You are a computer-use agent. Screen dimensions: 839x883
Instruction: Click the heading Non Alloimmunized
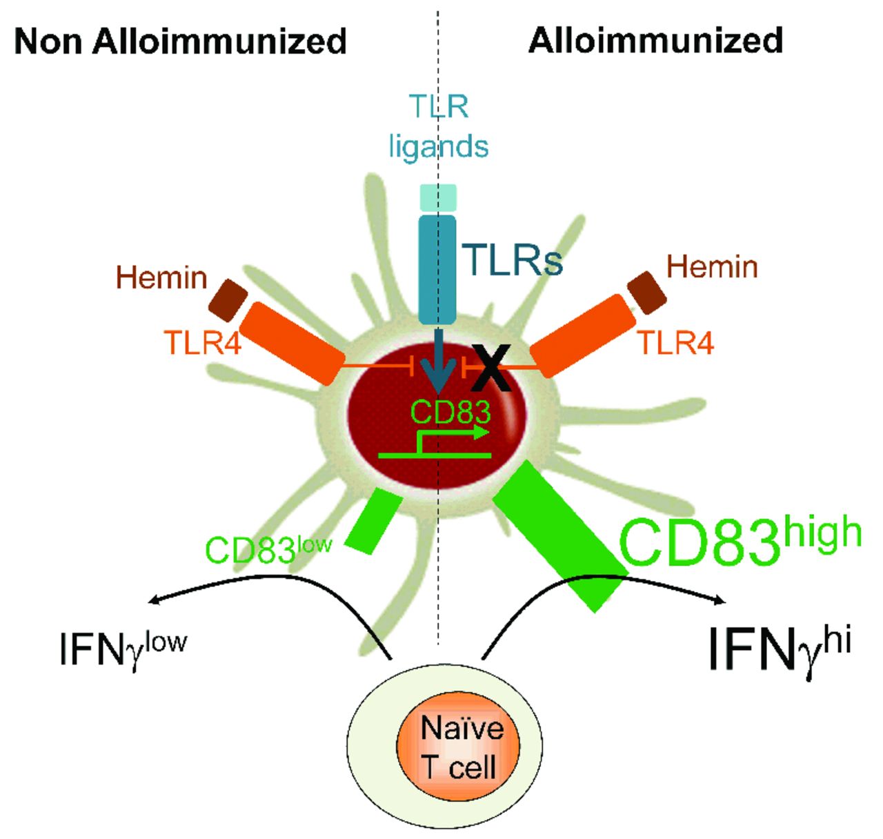click(x=180, y=41)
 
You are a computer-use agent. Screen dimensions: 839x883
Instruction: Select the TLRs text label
click(x=513, y=260)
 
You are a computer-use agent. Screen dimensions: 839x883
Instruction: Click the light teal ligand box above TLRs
click(x=438, y=197)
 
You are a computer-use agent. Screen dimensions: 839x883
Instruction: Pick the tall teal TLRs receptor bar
click(x=438, y=270)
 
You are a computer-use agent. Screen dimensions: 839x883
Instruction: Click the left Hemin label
click(x=161, y=278)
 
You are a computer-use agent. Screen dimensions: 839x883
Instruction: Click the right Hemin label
click(x=712, y=266)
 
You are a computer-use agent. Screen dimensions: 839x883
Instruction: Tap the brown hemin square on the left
click(x=228, y=300)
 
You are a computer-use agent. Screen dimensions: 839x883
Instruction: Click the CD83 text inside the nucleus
click(x=450, y=413)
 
